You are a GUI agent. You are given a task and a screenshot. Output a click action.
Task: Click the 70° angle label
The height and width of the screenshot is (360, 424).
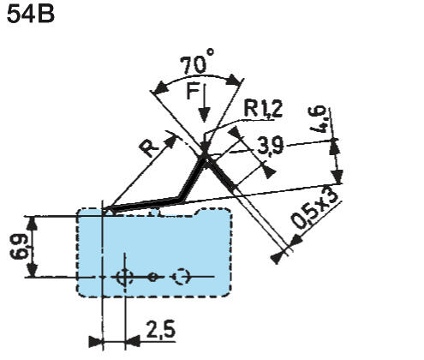coord(199,64)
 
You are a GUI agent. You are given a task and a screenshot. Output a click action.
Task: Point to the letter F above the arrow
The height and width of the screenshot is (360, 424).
coord(193,93)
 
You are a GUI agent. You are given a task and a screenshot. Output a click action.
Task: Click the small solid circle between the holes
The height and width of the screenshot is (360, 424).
coord(152,277)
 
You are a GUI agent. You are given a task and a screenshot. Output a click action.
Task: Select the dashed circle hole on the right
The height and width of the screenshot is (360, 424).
coord(181,277)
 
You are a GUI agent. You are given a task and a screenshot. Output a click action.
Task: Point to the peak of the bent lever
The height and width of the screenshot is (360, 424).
coord(206,155)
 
